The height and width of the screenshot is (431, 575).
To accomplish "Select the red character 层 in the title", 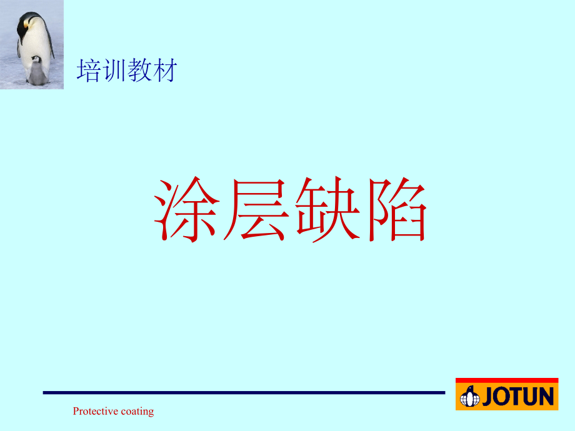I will pyautogui.click(x=255, y=211).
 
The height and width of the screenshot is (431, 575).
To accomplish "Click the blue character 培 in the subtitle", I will pyautogui.click(x=88, y=71).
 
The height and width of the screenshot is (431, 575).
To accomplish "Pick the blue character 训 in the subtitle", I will pyautogui.click(x=114, y=71).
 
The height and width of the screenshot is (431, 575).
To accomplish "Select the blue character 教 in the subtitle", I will pyautogui.click(x=139, y=71).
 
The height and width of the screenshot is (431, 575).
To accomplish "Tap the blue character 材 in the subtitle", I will pyautogui.click(x=165, y=71).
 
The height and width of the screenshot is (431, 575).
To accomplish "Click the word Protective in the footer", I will pyautogui.click(x=95, y=411).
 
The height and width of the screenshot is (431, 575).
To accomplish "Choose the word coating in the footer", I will pyautogui.click(x=137, y=411).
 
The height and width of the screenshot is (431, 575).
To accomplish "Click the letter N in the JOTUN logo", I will pyautogui.click(x=546, y=397).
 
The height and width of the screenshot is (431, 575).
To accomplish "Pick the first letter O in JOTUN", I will pyautogui.click(x=502, y=397).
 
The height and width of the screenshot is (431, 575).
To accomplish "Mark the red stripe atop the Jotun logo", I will pyautogui.click(x=507, y=380).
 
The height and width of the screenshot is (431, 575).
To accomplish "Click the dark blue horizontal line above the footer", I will pyautogui.click(x=244, y=392).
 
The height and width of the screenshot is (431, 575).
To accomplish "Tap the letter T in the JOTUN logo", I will pyautogui.click(x=516, y=397).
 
